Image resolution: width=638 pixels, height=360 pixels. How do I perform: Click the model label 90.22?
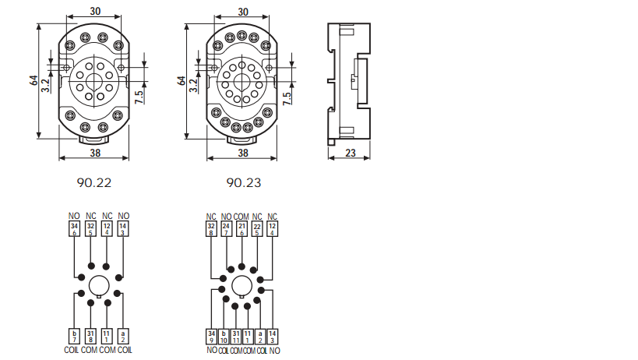click(x=94, y=182)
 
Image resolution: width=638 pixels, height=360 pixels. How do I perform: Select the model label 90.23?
click(x=244, y=182)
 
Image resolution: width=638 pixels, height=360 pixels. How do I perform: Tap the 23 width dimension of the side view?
click(x=351, y=153)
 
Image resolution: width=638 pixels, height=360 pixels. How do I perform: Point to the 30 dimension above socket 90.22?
click(x=95, y=11)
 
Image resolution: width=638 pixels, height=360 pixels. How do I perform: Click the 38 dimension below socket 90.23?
click(x=243, y=153)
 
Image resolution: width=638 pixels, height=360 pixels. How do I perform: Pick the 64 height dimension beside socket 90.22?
click(x=34, y=80)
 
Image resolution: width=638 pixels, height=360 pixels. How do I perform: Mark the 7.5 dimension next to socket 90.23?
click(x=287, y=98)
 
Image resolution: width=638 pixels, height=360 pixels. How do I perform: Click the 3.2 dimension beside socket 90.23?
click(x=193, y=86)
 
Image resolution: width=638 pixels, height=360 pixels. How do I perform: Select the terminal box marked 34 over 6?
click(x=74, y=228)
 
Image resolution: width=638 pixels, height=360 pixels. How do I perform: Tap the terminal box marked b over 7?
click(x=74, y=337)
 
